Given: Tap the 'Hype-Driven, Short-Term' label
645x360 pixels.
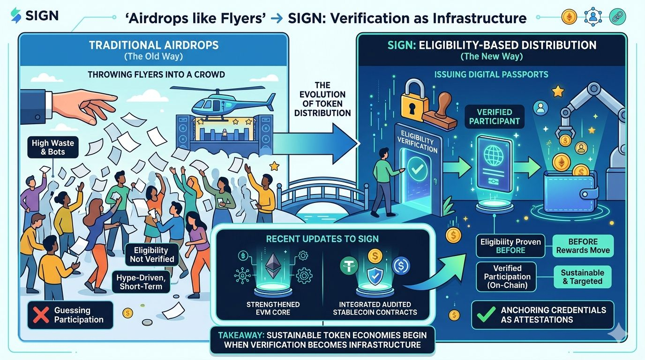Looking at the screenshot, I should point(141,282).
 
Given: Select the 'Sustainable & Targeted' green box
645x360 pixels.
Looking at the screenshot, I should point(583,277).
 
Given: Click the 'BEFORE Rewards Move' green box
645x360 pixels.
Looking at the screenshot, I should point(583,246).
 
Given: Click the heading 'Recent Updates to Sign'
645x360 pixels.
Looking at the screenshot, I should point(322,239).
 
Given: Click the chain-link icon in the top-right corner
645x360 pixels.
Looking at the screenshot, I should point(617,17).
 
